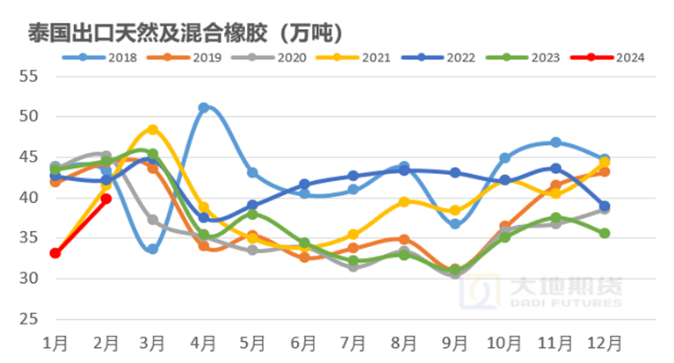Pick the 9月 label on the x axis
454,339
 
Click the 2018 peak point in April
203,108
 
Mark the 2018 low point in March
153,250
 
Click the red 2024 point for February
105,199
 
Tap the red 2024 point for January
55,253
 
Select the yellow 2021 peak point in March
153,129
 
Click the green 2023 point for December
605,233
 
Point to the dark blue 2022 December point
605,207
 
